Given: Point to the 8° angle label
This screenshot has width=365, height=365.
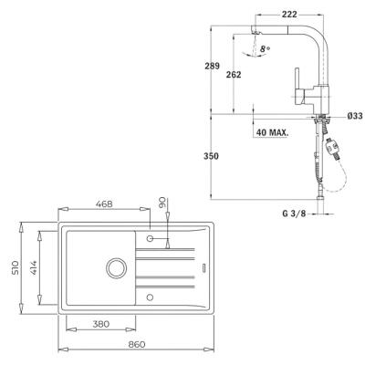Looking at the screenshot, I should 266,47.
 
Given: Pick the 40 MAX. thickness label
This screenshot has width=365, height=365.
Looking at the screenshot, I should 271,132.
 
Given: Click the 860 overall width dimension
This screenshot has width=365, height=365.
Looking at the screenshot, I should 137,345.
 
